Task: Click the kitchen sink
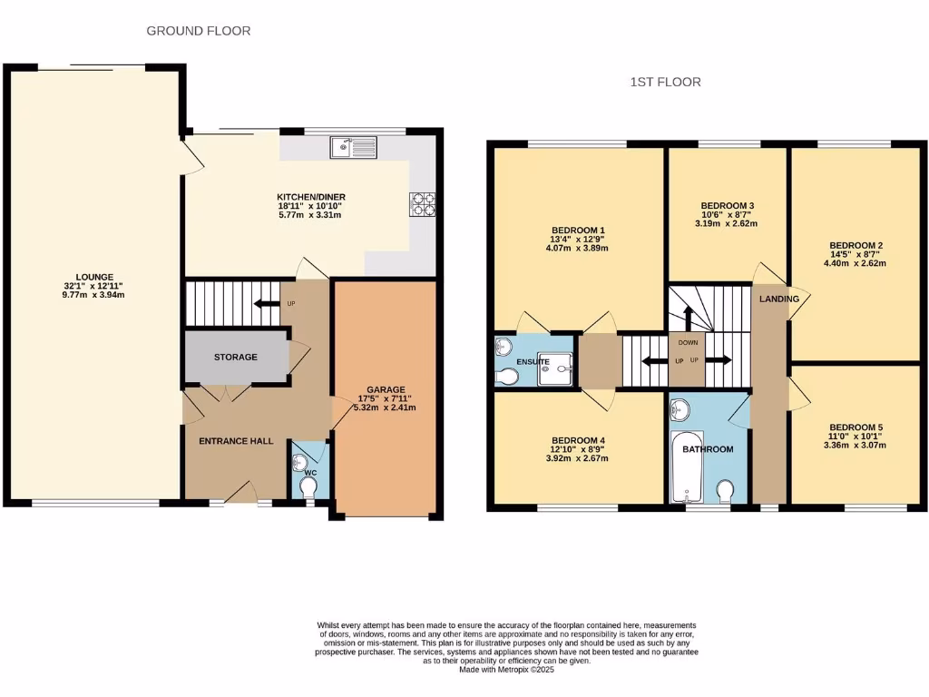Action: [x=354, y=146]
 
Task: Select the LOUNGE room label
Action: [x=94, y=277]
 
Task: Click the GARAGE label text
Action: [x=386, y=389]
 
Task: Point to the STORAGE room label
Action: [x=236, y=358]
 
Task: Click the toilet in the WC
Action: [x=308, y=487]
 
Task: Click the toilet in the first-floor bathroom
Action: [x=725, y=491]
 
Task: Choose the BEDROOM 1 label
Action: [x=578, y=230]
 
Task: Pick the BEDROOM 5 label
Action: [x=856, y=427]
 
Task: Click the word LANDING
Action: [x=779, y=299]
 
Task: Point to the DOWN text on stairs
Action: [x=689, y=343]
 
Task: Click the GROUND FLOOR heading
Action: [x=199, y=31]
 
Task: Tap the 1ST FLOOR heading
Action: [x=665, y=82]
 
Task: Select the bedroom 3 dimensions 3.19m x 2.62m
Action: [x=726, y=223]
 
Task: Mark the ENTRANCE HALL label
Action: [x=236, y=441]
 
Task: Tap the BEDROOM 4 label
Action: [x=578, y=441]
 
